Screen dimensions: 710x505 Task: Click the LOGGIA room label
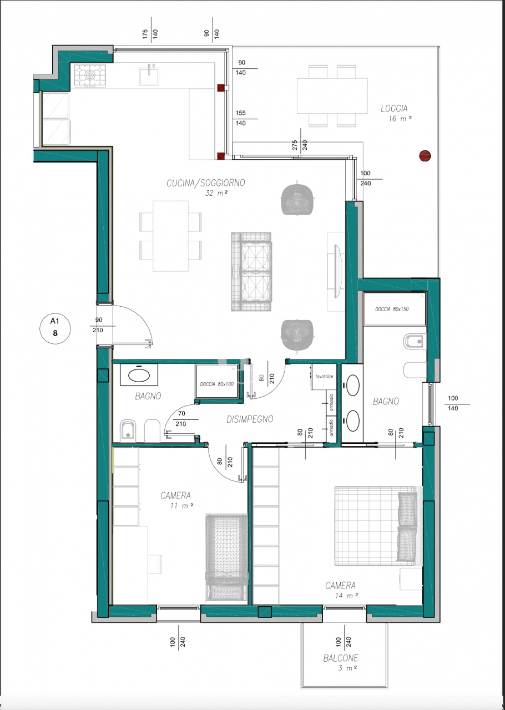coord(394,108)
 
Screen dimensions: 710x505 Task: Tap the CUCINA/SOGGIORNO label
coord(206,182)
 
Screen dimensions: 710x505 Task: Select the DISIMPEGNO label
coord(250,419)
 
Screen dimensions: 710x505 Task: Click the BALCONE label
coord(341,658)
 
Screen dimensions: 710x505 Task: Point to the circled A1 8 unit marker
coord(55,328)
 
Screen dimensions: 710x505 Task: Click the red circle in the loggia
coord(425,156)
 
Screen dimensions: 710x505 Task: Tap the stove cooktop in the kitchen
coord(90,75)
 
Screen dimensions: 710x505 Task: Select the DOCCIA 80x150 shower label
coord(392,309)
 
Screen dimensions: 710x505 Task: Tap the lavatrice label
coord(324,377)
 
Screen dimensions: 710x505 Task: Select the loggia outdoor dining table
coord(332,95)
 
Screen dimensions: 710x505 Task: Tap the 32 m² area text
coord(217,193)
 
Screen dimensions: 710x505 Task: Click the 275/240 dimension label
coord(300,145)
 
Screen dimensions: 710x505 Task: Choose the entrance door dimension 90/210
coord(99,326)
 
